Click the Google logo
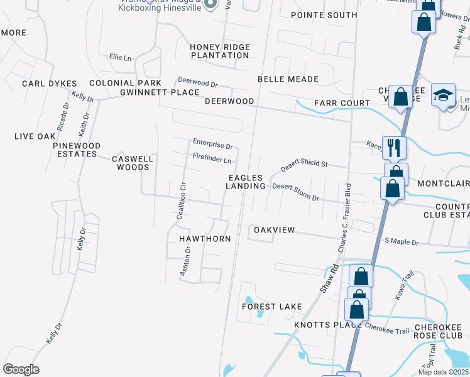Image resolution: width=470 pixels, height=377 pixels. point(21,369)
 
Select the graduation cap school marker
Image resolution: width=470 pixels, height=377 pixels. point(444,95)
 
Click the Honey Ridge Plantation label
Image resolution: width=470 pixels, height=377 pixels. point(220,52)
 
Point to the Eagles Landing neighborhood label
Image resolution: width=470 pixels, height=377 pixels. point(246,182)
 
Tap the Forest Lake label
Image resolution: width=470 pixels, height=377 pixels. point(272,307)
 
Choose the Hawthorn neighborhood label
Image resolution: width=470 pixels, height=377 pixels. point(205,239)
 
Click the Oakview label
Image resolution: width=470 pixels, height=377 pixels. point(274,230)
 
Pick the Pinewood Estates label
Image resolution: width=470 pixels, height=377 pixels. point(77,150)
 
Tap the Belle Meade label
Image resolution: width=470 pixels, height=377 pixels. point(288,79)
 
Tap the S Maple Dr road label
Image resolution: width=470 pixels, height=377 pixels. point(401,241)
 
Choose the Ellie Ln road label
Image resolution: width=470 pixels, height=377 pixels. point(120,58)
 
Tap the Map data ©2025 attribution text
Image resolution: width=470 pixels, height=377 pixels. point(442,372)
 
